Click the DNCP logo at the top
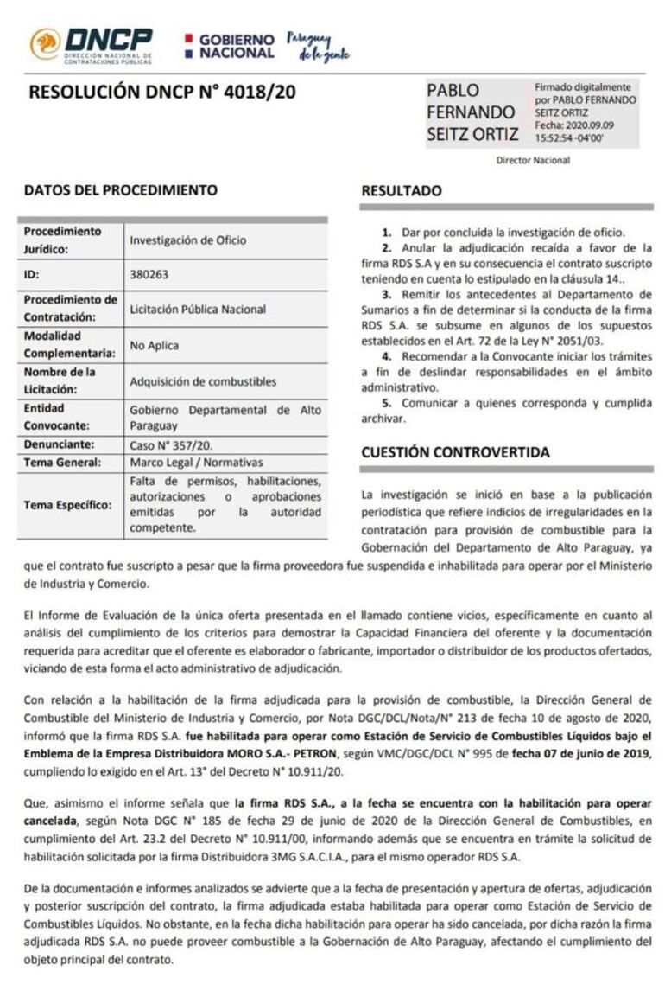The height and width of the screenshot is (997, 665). [92, 45]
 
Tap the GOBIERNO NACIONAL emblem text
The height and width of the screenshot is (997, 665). [236, 46]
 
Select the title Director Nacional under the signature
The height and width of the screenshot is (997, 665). [533, 160]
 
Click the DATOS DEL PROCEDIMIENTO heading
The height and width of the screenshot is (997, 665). [121, 190]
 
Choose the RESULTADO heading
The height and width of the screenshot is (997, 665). [402, 191]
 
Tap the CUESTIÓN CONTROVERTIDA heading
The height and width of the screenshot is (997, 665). [455, 451]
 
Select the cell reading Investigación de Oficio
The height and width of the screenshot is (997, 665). [187, 240]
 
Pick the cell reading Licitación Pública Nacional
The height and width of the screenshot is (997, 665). [198, 309]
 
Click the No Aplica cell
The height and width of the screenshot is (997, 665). [155, 345]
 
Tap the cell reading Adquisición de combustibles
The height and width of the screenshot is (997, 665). [203, 381]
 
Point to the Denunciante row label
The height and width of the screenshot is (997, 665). [58, 444]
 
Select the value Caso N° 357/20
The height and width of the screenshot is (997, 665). [172, 444]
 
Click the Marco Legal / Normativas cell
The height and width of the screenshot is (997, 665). [196, 463]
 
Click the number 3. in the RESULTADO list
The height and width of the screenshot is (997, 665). [385, 294]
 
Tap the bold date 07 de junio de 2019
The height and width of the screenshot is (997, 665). [588, 755]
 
